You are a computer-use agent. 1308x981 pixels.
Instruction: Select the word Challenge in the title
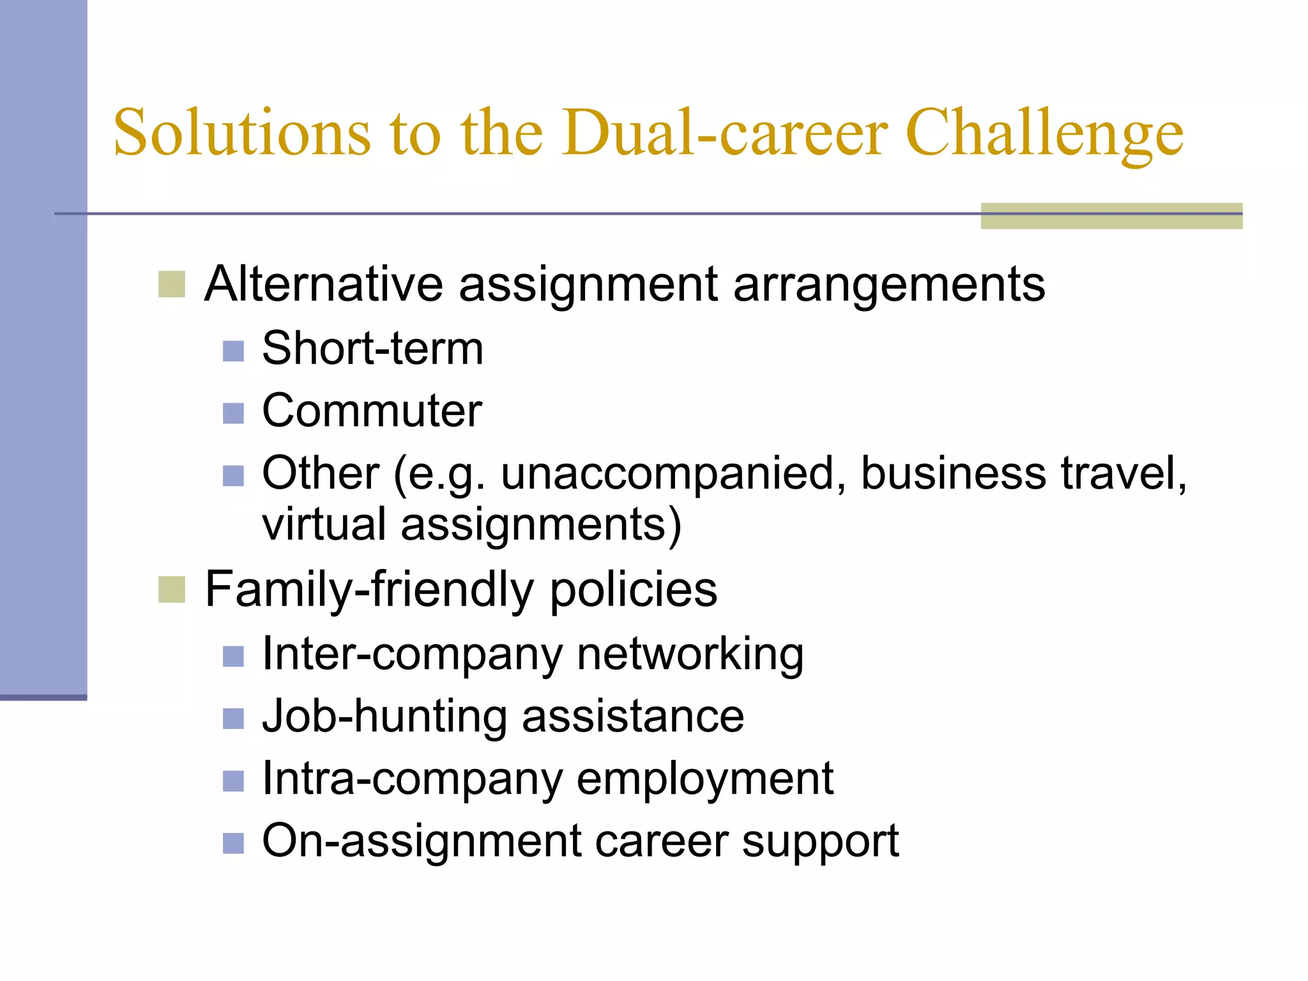pos(1044,134)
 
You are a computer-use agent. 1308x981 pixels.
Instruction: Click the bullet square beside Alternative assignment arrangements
pos(171,284)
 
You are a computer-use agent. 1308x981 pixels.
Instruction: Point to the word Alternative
pos(323,284)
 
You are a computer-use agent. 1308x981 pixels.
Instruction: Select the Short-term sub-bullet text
pos(372,349)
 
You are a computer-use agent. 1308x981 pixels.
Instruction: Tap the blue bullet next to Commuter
pos(233,413)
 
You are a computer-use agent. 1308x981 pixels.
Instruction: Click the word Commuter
pos(372,411)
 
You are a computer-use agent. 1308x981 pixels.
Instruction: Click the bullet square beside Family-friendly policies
pos(171,589)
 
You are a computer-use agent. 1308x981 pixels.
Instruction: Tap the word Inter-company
pos(413,655)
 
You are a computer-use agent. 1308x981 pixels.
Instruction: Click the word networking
pos(690,655)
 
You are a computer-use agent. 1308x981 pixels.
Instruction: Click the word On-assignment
pos(422,841)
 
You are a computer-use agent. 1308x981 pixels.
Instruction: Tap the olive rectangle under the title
pos(1111,216)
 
